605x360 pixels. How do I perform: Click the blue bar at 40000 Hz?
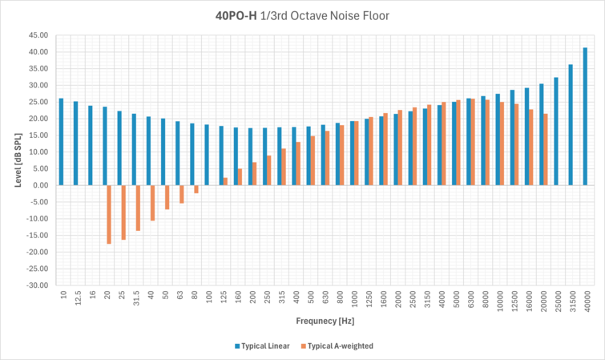point(585,116)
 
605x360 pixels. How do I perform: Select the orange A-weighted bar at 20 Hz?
point(109,214)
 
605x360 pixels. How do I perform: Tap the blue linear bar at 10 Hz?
point(61,142)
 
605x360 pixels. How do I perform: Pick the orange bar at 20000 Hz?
point(547,149)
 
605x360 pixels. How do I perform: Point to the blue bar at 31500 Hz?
point(571,124)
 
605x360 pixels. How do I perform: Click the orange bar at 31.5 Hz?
point(138,208)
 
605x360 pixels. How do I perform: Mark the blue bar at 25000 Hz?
point(556,131)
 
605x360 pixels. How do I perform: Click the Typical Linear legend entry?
point(262,346)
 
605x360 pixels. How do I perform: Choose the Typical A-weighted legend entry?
point(341,346)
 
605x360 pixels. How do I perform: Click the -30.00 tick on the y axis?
point(38,285)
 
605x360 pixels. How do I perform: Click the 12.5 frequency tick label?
point(76,299)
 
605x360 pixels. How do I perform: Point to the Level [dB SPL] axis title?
point(18,160)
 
